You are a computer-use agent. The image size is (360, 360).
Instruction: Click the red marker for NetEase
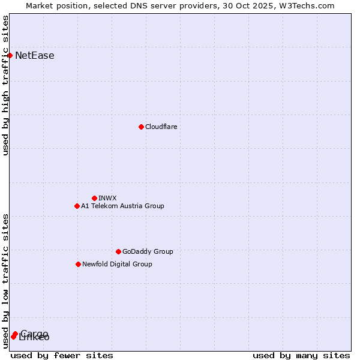pyautogui.click(x=10, y=56)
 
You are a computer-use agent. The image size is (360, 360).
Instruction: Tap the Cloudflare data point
pyautogui.click(x=141, y=127)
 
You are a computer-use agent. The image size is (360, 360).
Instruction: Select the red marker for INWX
pyautogui.click(x=94, y=198)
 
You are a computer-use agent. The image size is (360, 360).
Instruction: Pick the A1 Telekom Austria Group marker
pyautogui.click(x=77, y=206)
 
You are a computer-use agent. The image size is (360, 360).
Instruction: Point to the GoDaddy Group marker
pyautogui.click(x=118, y=251)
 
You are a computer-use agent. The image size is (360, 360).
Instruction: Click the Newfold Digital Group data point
pyautogui.click(x=78, y=264)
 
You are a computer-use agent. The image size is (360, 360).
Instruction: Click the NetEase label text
pyautogui.click(x=35, y=56)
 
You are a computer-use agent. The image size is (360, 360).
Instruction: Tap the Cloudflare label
pyautogui.click(x=161, y=127)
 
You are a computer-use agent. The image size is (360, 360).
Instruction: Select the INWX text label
pyautogui.click(x=107, y=198)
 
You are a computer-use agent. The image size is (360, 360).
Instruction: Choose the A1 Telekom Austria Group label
pyautogui.click(x=122, y=206)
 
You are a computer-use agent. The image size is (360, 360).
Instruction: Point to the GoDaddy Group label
pyautogui.click(x=148, y=251)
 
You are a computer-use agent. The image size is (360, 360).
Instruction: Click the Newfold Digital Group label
pyautogui.click(x=117, y=264)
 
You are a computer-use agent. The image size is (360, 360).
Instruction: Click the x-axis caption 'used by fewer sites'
pyautogui.click(x=62, y=355)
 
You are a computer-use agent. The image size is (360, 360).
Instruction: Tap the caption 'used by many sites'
pyautogui.click(x=301, y=355)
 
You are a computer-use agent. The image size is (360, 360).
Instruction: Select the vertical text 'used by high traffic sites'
pyautogui.click(x=6, y=85)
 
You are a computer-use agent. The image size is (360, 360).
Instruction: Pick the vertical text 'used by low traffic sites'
pyautogui.click(x=6, y=281)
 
